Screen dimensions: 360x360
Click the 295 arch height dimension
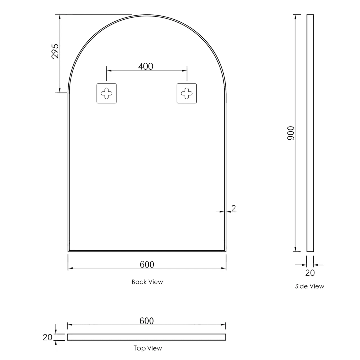click(55, 51)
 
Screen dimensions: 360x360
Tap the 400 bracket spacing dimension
click(146, 66)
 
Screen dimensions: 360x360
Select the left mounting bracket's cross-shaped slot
click(107, 93)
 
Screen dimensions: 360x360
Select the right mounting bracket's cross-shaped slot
click(187, 93)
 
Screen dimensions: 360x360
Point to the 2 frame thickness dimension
click(234, 208)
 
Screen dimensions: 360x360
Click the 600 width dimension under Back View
click(147, 264)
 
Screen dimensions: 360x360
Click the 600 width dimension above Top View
click(147, 321)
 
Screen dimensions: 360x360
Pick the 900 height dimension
click(291, 133)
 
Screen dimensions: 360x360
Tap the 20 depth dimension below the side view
click(310, 273)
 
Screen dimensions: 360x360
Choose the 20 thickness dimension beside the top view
click(48, 337)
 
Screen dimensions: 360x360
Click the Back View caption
click(147, 282)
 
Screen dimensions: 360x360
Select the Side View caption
click(310, 286)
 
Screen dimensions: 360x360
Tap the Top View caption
click(148, 348)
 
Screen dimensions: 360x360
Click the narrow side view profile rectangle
click(310, 133)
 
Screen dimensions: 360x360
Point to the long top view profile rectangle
click(146, 337)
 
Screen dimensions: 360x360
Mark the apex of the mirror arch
click(147, 15)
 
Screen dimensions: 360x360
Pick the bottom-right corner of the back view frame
click(225, 251)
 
